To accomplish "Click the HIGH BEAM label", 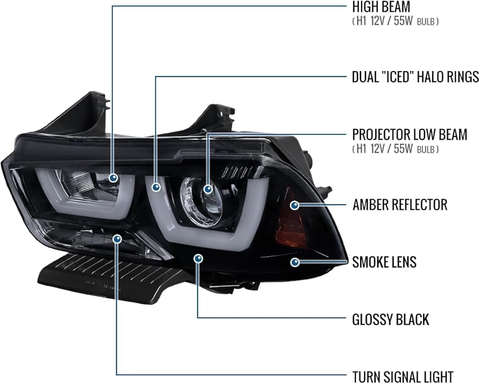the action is (381, 7).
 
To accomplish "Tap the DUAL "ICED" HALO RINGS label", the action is (415, 76).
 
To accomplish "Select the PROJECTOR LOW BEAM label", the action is (409, 134).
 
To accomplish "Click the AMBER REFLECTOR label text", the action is (400, 204).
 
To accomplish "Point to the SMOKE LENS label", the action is (384, 262).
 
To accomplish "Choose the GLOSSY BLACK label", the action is (391, 320).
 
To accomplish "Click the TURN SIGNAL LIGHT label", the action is (403, 377).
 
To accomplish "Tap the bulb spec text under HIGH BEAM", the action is (395, 21).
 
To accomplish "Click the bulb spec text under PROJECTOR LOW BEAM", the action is (395, 149).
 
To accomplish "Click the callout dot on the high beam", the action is (113, 178).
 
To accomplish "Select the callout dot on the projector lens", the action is (208, 189).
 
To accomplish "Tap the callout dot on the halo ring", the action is (156, 187).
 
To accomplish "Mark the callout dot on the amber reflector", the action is (295, 205).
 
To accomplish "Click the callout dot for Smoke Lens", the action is (295, 262).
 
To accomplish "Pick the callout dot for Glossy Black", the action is (198, 259).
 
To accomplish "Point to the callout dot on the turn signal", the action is (117, 239).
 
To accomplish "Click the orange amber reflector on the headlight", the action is (290, 219).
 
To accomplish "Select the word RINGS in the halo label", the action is (463, 76).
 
